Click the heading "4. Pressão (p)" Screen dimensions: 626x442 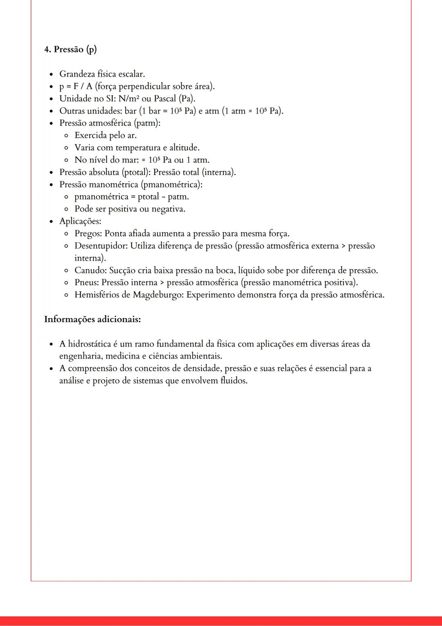70,50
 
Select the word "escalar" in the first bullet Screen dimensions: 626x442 131,74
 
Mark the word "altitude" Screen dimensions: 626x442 184,147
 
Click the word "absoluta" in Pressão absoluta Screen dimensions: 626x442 104,172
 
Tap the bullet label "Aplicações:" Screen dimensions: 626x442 80,221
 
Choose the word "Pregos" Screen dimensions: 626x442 88,234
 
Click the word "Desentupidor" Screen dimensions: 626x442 101,246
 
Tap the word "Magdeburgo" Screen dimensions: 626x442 158,295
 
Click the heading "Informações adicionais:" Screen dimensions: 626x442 92,319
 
